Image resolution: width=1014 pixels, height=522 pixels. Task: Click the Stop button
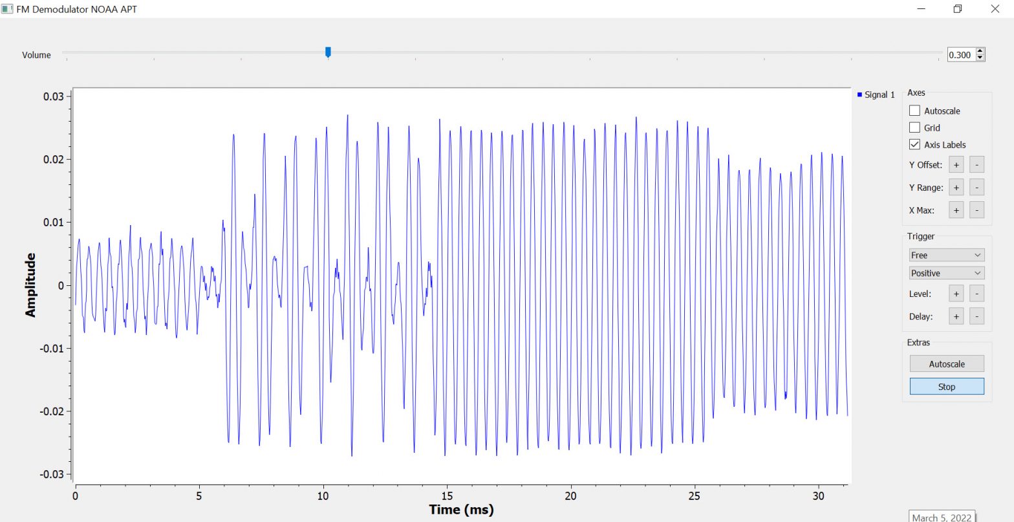coord(946,387)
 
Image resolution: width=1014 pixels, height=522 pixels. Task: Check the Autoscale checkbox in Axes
coord(914,111)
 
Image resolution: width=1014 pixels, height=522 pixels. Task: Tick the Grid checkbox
coord(914,127)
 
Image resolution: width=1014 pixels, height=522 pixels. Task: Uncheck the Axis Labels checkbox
coord(914,144)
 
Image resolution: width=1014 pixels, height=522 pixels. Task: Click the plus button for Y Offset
coord(956,164)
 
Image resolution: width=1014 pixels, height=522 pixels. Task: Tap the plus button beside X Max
coord(956,210)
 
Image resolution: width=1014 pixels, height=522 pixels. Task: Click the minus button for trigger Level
coord(977,294)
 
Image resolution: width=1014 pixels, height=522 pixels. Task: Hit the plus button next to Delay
coord(956,316)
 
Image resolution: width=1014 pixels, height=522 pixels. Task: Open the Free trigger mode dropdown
coord(946,255)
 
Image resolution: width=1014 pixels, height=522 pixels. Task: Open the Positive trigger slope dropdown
coord(946,273)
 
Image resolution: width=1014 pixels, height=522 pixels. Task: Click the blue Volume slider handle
coord(328,52)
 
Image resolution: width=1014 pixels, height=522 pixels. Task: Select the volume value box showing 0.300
coord(960,55)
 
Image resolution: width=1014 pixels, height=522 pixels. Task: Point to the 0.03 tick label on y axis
coord(53,96)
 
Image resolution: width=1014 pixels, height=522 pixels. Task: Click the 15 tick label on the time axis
coord(447,495)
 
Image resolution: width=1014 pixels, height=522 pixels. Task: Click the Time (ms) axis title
coord(461,510)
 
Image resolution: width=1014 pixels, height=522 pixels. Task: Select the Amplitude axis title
coord(30,285)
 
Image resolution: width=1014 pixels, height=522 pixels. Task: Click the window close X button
coord(995,9)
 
